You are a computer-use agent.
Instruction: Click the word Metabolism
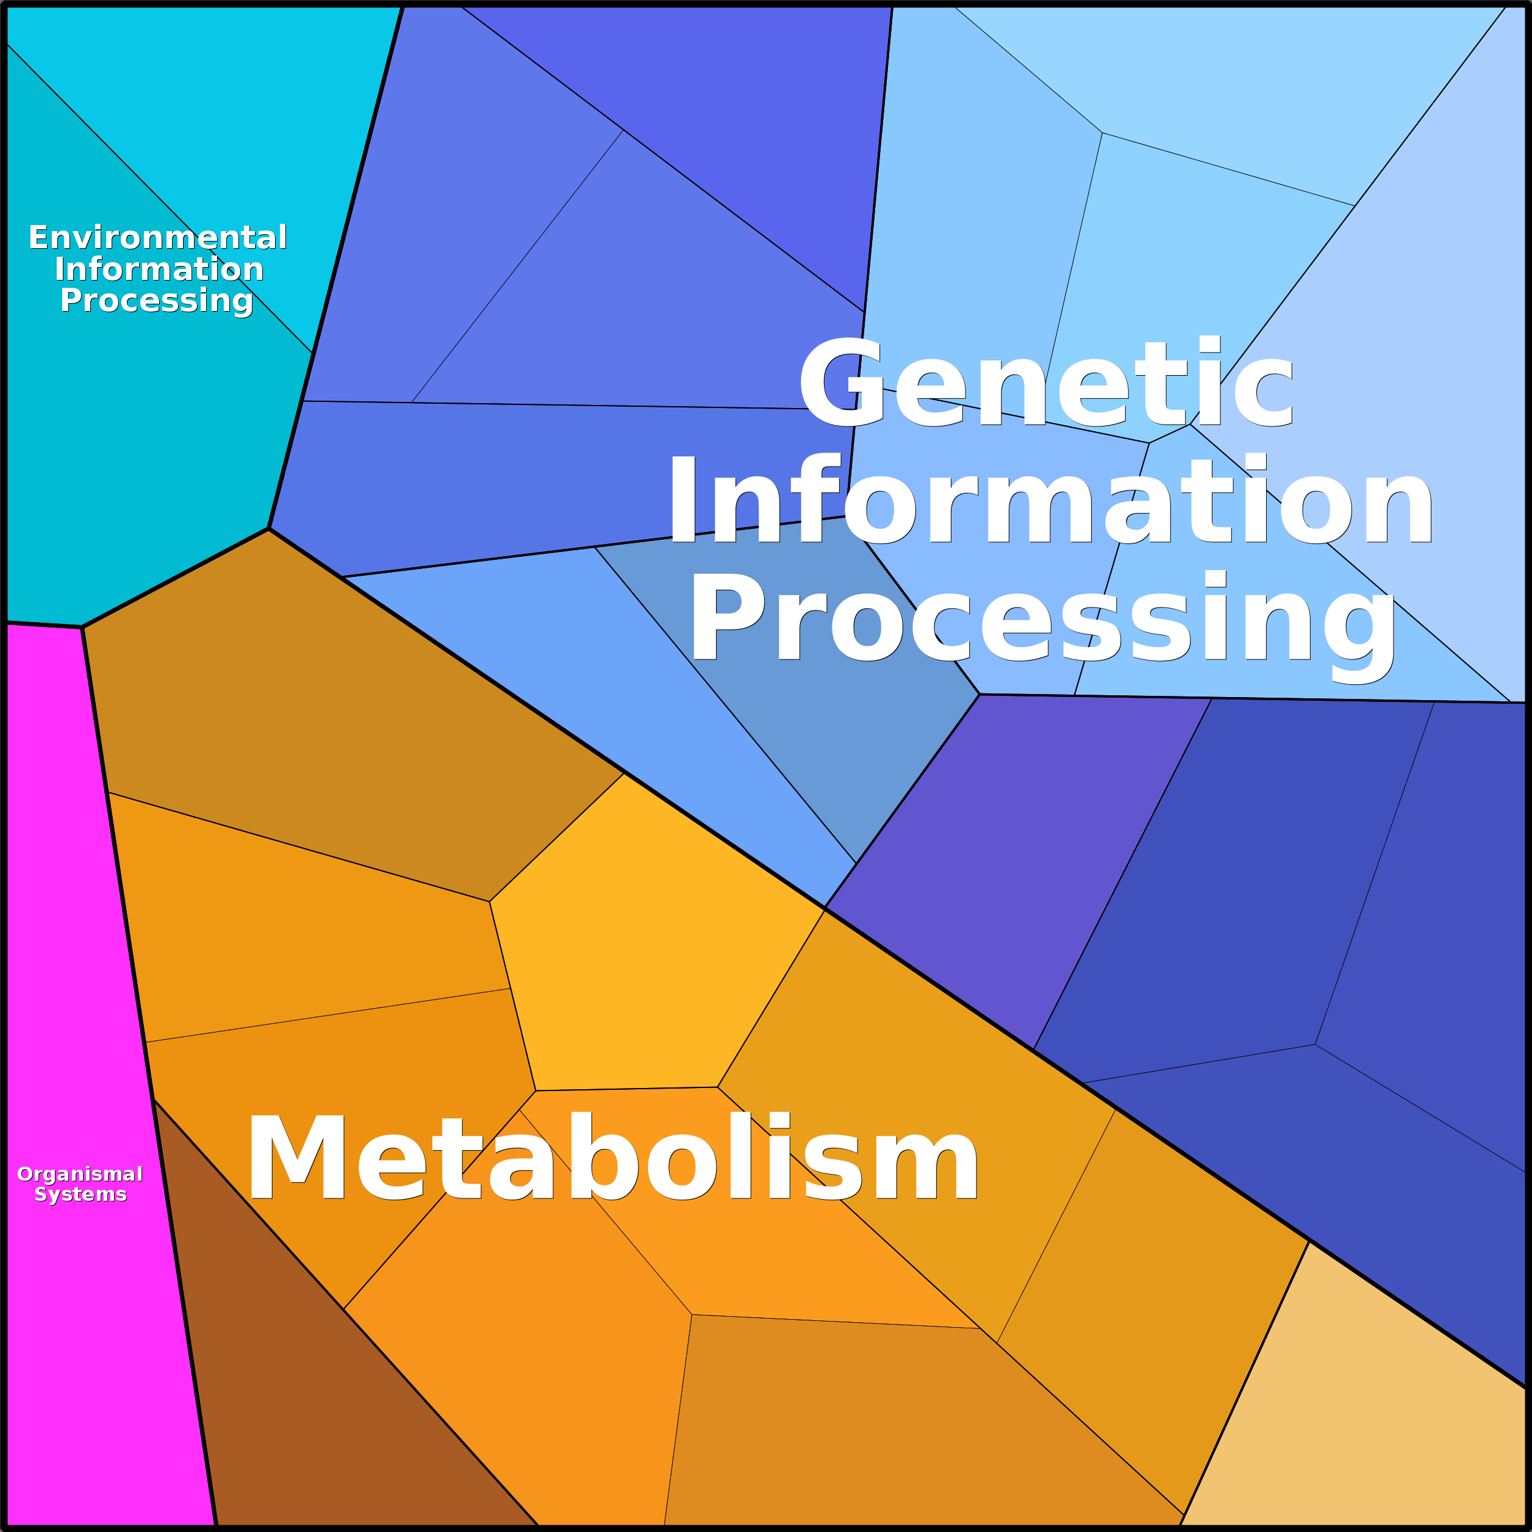click(613, 1157)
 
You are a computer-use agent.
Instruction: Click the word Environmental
click(158, 237)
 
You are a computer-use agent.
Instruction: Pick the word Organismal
click(80, 1175)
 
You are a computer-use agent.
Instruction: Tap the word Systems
click(80, 1194)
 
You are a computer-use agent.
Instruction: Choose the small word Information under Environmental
click(159, 269)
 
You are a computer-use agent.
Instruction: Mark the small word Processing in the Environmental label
click(156, 301)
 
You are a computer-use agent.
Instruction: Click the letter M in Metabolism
click(296, 1157)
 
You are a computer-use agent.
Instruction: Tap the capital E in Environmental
click(37, 237)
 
